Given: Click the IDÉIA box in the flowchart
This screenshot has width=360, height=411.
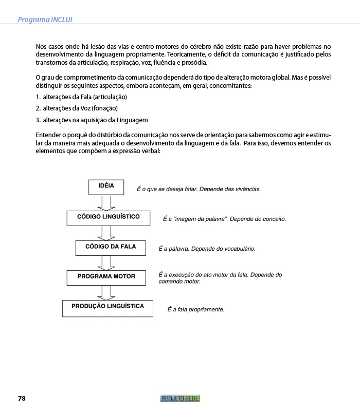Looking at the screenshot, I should (106, 187).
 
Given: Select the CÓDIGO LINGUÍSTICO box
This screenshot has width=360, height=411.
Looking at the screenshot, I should (108, 218).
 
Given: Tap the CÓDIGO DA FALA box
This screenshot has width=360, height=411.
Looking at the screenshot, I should (111, 248).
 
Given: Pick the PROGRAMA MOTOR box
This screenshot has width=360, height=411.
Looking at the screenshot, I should (106, 277).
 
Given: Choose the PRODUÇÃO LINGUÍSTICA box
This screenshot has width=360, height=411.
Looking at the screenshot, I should (108, 308).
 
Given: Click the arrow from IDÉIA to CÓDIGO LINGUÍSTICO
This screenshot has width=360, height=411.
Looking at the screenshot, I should (106, 203).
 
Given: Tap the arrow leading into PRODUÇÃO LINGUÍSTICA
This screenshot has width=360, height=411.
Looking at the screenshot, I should (106, 292).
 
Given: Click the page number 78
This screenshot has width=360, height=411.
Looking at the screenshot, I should (22, 399).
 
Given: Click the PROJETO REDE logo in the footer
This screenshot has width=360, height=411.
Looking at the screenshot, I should (180, 399).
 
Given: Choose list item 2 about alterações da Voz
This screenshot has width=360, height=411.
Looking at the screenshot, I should (77, 108).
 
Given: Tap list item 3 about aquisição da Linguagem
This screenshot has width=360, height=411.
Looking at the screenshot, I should (92, 120).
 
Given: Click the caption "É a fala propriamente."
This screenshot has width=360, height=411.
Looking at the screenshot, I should (195, 310).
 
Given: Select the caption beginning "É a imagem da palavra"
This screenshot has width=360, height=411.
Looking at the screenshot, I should (224, 219).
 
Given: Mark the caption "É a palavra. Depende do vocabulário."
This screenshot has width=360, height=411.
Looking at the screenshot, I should (207, 249).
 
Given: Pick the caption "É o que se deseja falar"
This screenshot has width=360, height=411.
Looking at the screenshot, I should (199, 189).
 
